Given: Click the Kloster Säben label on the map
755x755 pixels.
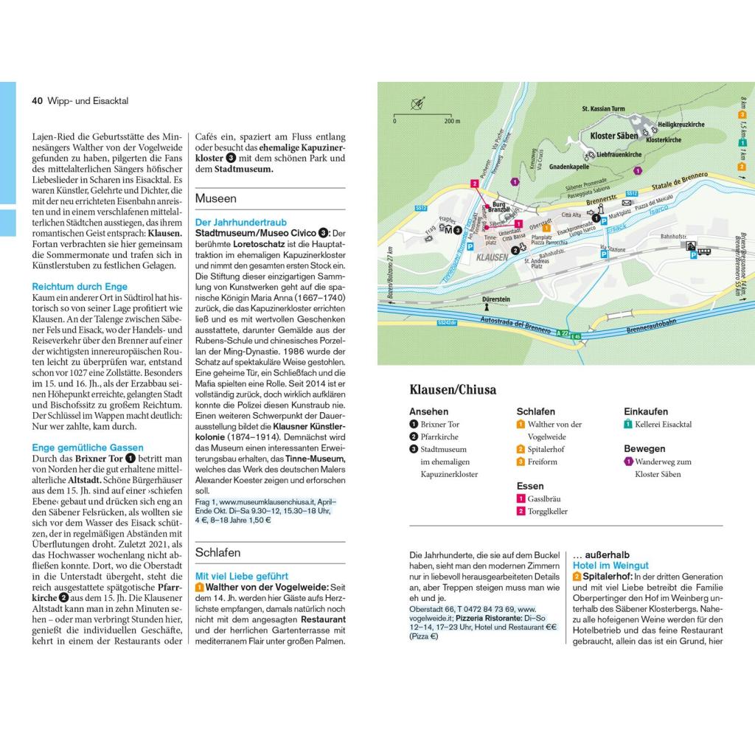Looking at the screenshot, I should tap(613, 136).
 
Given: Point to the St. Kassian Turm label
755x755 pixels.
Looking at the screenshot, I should tap(603, 110).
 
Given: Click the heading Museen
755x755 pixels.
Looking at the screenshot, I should tap(216, 198).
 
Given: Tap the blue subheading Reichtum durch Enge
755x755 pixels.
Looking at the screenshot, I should tap(80, 286).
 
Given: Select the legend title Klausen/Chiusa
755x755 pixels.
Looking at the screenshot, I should tap(453, 390).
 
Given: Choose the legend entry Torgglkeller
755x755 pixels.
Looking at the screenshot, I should tap(547, 511).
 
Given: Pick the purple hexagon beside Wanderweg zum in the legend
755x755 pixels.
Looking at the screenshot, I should tap(628, 462).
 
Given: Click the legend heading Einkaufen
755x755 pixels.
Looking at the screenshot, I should tap(646, 411).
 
